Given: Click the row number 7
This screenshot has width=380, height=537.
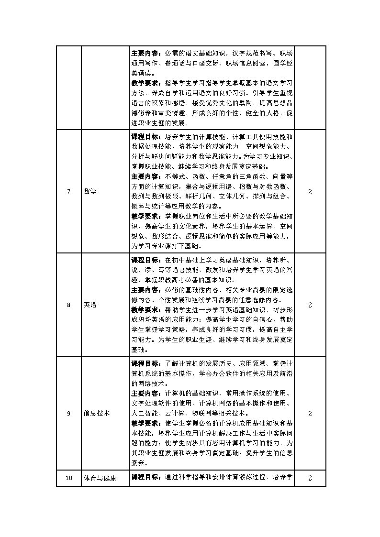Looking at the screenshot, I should pos(68,192).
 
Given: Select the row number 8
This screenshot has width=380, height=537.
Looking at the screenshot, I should pos(68,305).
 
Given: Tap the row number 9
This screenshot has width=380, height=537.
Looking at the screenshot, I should pos(68,413).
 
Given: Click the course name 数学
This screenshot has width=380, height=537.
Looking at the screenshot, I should pos(90,192).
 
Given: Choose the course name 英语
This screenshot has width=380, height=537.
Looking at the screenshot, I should pos(90,305).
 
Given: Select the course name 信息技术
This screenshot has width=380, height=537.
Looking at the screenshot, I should pos(97,413).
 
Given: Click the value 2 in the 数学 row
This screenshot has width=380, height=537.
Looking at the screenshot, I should pos(310,192).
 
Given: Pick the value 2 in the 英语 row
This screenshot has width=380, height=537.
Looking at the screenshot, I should pos(310,305).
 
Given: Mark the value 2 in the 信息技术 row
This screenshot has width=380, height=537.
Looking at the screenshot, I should pos(310,413).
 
